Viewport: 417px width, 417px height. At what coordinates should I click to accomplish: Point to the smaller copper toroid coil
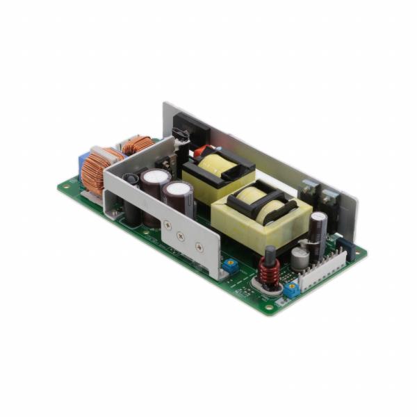(x=138, y=145)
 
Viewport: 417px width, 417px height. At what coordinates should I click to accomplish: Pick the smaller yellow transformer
(x=218, y=174)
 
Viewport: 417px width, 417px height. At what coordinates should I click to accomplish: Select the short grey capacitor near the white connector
(x=300, y=258)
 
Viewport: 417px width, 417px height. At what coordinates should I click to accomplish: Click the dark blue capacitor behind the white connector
(x=347, y=250)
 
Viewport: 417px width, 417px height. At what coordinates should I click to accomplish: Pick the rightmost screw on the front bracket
(x=200, y=247)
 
